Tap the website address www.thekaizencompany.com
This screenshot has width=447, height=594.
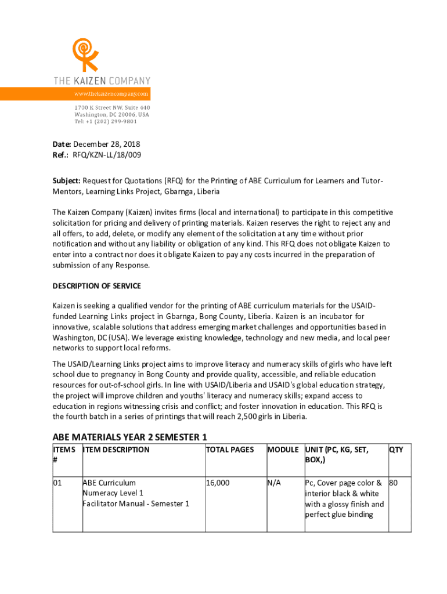111,93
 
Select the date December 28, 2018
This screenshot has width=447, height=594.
107,144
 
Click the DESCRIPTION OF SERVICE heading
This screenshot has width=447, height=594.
97,286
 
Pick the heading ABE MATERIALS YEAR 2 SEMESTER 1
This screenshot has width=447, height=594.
130,437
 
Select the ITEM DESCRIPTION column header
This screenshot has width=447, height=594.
116,450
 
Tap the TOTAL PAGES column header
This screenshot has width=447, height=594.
230,450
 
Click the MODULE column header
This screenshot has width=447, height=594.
283,450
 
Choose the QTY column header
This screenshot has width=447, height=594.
396,450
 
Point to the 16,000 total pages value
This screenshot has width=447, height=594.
218,483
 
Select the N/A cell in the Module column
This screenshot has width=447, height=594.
274,483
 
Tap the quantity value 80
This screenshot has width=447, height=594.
394,483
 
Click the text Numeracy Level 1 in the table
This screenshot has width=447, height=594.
113,493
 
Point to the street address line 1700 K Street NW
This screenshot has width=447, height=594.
112,108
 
